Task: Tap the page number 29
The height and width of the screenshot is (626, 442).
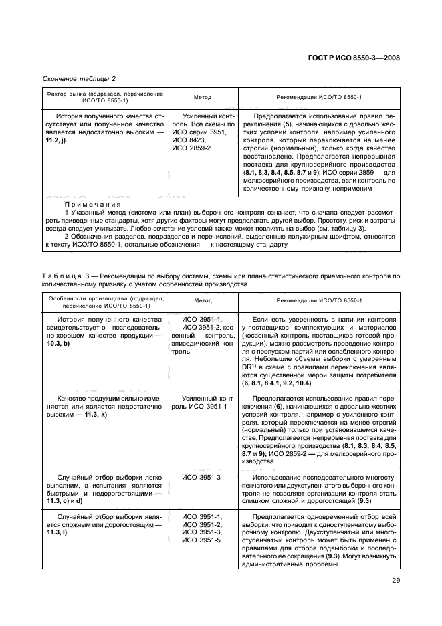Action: pos(396,580)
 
